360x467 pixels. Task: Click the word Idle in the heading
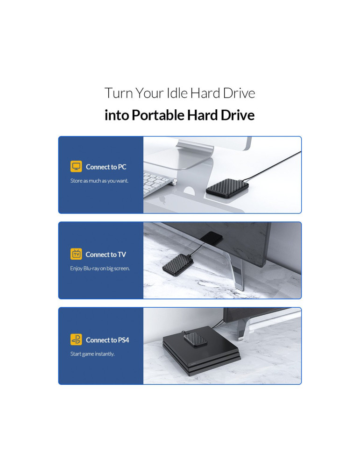click(177, 93)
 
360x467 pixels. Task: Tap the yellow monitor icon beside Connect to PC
click(76, 166)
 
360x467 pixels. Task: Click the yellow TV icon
click(76, 254)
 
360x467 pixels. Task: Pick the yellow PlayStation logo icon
click(76, 340)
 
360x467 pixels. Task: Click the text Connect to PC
click(106, 167)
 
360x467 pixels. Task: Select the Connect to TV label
click(106, 255)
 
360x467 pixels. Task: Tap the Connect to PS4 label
click(107, 340)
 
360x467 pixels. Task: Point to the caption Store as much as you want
click(99, 181)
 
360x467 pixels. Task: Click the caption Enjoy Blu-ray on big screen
click(100, 269)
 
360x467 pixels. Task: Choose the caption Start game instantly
click(92, 354)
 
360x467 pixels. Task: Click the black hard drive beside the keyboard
click(227, 188)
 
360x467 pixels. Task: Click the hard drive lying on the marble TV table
click(178, 264)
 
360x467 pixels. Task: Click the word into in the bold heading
click(117, 115)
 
